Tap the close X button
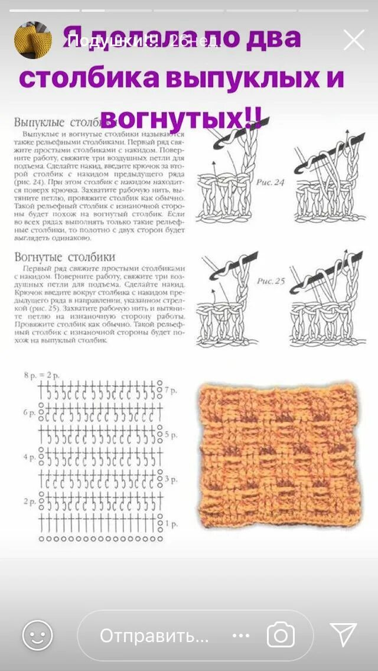(x=354, y=40)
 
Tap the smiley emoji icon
(x=37, y=636)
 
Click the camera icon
(x=281, y=636)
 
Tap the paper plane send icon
(x=343, y=635)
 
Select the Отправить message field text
(x=154, y=636)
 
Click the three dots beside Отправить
(x=241, y=636)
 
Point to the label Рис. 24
(x=271, y=183)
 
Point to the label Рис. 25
(x=271, y=281)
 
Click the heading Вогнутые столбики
(x=64, y=257)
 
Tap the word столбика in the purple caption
(x=89, y=78)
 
